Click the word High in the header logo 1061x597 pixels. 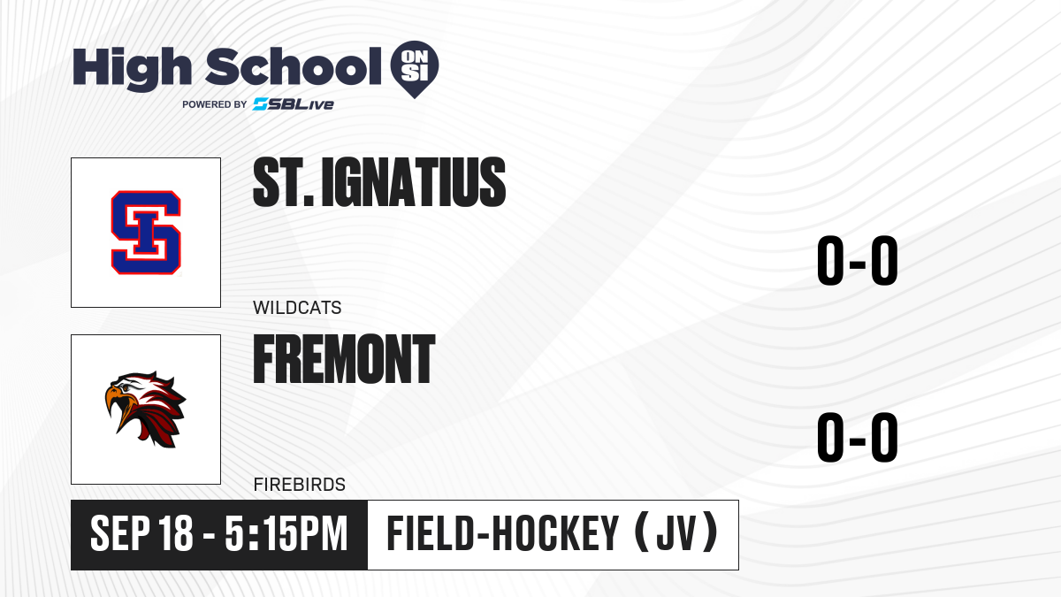pos(133,69)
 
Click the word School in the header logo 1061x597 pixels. pos(294,66)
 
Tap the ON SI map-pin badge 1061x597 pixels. pos(415,69)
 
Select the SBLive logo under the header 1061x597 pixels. pos(294,104)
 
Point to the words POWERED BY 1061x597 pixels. pos(215,104)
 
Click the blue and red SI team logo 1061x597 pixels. pos(146,233)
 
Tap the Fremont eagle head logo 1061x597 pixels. pos(145,409)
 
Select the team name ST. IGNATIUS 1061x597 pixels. pos(379,182)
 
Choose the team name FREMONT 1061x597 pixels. pos(344,359)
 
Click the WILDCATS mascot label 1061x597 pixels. pos(297,308)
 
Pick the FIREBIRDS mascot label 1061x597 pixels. pos(300,485)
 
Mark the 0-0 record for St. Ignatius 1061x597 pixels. pos(858,260)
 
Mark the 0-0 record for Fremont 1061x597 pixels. pos(858,437)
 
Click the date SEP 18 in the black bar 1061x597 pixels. pos(141,533)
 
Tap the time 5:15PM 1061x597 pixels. pos(286,533)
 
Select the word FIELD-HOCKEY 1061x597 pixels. pos(502,533)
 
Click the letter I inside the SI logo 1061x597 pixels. pos(146,232)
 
